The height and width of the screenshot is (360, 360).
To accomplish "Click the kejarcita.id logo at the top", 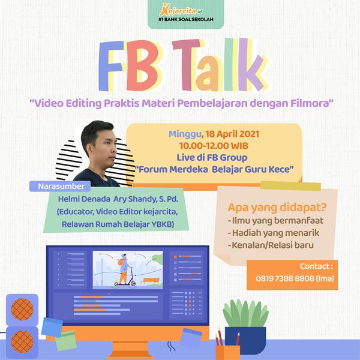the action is click(x=181, y=10).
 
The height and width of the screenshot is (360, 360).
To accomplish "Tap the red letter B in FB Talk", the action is click(x=142, y=65).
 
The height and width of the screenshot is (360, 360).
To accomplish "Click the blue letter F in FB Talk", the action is click(x=110, y=66).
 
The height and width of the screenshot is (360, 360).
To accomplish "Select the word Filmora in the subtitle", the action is click(x=310, y=103).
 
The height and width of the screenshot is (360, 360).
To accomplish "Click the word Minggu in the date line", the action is click(x=185, y=134).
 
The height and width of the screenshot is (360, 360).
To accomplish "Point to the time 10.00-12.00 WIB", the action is click(x=214, y=146).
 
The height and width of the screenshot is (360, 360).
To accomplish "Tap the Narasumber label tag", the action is click(x=60, y=186).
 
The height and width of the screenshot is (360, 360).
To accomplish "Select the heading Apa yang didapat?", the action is click(x=277, y=208).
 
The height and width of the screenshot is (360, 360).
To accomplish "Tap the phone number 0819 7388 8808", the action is click(x=284, y=278).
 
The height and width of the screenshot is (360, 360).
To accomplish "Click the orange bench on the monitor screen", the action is click(x=149, y=281).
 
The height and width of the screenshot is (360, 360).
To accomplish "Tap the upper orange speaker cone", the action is click(x=22, y=309).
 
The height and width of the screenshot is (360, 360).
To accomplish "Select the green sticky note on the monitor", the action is click(x=66, y=341).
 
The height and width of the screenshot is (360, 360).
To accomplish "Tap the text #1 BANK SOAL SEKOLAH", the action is click(x=186, y=20).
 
